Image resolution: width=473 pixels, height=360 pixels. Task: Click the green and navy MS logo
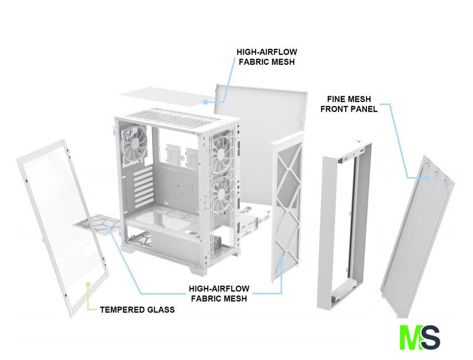[420, 337]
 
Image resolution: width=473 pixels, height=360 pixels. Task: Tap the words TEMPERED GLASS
[137, 310]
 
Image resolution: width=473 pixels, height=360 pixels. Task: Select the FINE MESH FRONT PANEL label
[349, 104]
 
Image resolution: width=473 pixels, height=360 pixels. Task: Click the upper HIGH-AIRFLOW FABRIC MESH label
[267, 57]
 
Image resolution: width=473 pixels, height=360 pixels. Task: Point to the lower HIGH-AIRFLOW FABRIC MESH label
[219, 294]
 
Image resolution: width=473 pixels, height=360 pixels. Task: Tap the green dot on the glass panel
[88, 285]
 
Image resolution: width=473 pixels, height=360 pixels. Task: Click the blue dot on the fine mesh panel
[427, 177]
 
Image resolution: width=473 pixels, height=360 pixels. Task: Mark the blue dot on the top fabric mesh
[205, 103]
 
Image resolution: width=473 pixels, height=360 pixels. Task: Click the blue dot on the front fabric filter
[282, 259]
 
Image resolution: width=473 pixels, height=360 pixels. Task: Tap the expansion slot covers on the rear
[143, 187]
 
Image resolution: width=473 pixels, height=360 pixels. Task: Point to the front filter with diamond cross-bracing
[287, 208]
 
